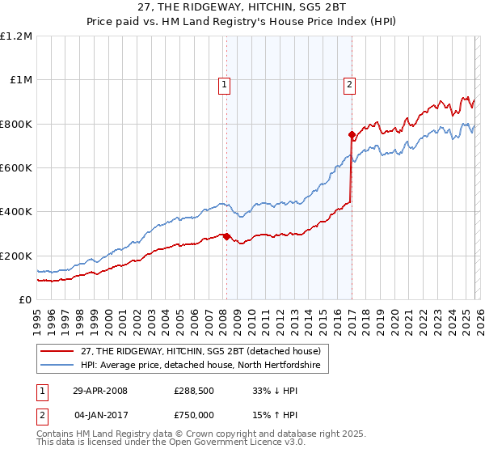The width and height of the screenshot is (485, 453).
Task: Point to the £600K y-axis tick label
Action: pyautogui.click(x=16, y=168)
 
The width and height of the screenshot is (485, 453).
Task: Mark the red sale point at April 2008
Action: pyautogui.click(x=226, y=237)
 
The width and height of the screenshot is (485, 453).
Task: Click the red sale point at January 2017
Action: pyautogui.click(x=352, y=135)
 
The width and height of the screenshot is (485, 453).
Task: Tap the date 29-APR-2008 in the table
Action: pyautogui.click(x=100, y=391)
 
